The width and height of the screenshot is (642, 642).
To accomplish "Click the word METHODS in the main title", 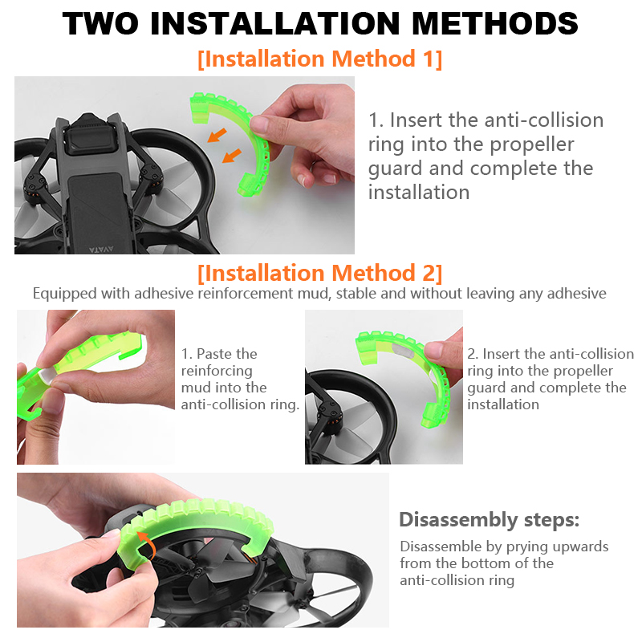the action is coord(494,23).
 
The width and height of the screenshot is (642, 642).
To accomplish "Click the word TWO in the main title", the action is coord(101,23).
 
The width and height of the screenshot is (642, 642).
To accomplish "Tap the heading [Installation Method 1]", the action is coord(319,59).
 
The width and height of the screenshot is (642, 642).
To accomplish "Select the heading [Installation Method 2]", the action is coord(319,273).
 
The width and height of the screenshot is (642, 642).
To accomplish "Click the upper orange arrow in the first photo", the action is coord(217,135).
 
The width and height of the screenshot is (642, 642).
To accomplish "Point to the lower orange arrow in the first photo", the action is coord(232,156).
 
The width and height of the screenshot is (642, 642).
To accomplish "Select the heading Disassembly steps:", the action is coord(490,520).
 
